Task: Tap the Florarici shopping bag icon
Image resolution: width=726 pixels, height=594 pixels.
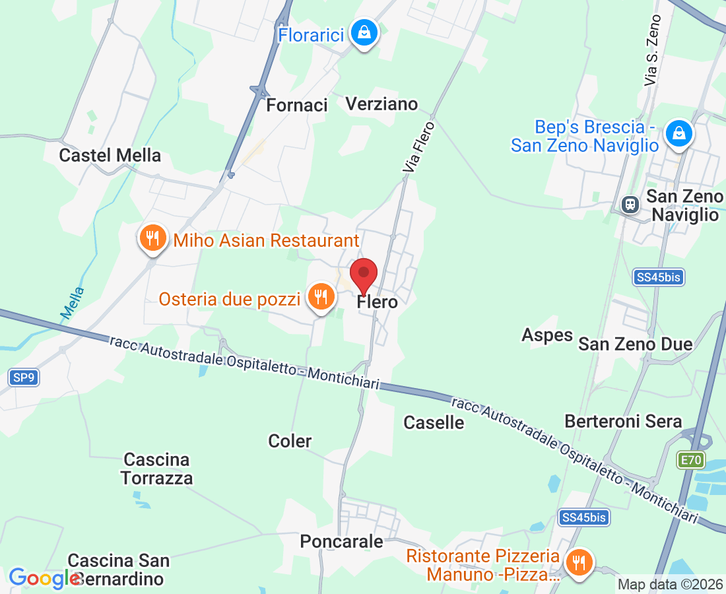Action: pos(363,32)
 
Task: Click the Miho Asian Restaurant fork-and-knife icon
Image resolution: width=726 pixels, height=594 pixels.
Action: pos(153,238)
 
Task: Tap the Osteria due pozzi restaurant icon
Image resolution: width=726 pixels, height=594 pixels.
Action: pos(321,297)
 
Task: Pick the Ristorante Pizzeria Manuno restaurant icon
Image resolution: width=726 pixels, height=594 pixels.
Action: pos(579,563)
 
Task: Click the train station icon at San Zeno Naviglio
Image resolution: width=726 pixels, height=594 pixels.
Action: pos(631,204)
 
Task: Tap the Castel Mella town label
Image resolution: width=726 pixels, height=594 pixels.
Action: pos(110,155)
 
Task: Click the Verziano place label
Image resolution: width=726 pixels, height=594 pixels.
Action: pos(382,104)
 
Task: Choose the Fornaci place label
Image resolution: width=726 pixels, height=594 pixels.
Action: pos(297,105)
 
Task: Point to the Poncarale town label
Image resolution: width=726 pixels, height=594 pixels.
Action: pos(341,541)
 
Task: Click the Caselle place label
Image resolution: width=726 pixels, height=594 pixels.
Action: pos(434,422)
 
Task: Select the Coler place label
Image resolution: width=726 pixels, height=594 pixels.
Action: pos(290,441)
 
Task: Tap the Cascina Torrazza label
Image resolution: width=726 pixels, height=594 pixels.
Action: pos(157,469)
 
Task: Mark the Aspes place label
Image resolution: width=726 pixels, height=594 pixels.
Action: pos(547,335)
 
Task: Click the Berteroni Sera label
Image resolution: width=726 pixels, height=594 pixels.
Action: pos(623,421)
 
